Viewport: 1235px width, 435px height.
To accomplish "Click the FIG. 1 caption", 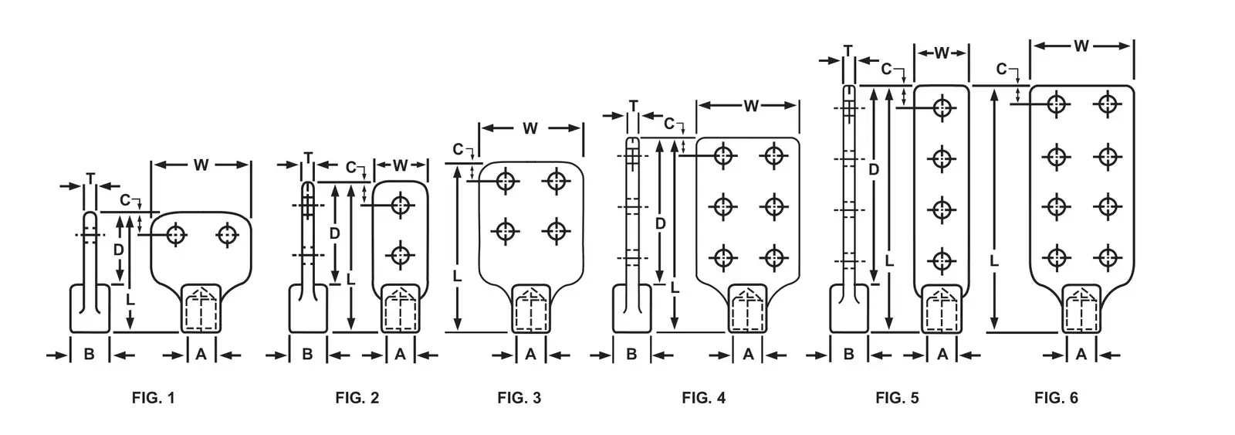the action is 154,397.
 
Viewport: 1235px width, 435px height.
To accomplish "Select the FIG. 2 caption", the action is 357,397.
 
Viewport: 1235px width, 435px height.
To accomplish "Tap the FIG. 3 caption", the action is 519,397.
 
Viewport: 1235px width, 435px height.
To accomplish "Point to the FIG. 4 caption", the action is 703,397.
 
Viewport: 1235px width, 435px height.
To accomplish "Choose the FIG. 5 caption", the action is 897,397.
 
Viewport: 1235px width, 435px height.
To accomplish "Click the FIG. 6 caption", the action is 1056,397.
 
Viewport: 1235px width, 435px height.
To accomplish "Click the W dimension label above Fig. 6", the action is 1081,46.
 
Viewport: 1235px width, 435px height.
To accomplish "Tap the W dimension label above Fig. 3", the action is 530,128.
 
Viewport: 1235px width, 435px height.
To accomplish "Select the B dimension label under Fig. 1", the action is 90,355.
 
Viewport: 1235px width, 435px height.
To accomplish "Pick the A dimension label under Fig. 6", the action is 1081,354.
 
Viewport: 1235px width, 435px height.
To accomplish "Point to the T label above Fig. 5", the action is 848,51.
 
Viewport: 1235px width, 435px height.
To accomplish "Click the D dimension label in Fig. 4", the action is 661,223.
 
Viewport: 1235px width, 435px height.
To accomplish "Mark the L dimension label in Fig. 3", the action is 457,276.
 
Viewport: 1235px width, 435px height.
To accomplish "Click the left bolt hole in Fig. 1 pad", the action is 176,235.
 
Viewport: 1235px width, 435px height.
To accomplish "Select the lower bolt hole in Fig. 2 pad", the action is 401,256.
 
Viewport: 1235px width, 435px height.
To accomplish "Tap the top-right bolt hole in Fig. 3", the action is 556,181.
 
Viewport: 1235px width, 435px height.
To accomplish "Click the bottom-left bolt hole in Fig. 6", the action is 1057,257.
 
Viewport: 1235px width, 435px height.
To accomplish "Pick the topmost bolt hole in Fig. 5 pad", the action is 942,107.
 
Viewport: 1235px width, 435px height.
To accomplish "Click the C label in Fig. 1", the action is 125,200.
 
